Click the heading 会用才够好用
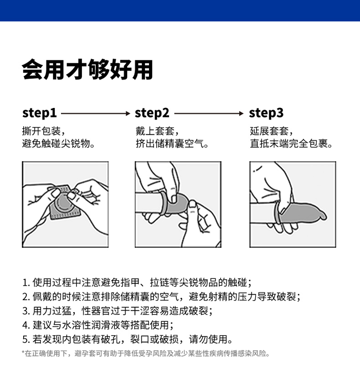(x=87, y=70)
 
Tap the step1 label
(x=39, y=113)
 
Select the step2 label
(x=152, y=113)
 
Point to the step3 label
(x=266, y=113)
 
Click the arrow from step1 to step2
(x=96, y=113)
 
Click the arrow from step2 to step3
(x=209, y=113)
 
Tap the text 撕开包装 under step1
(x=41, y=131)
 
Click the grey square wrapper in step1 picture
(x=65, y=203)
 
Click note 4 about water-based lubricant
(x=98, y=325)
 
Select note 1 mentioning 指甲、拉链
(x=137, y=282)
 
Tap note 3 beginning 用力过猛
(x=118, y=311)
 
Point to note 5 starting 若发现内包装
(x=128, y=339)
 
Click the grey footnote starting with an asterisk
(x=145, y=353)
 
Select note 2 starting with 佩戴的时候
(x=161, y=297)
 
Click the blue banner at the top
(x=180, y=10)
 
